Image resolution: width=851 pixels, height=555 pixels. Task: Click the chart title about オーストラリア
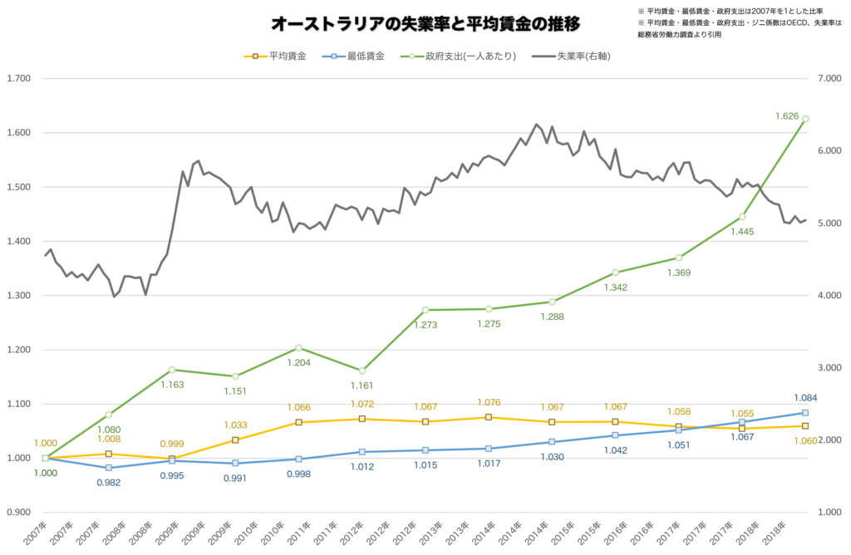click(425, 23)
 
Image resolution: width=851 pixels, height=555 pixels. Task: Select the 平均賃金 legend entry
click(275, 56)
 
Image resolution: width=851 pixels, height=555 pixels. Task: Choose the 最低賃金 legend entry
click(353, 56)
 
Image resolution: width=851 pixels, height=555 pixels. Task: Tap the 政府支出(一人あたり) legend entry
click(458, 56)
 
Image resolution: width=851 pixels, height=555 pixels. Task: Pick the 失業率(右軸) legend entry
click(571, 56)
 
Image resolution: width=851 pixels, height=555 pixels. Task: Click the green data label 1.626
click(787, 116)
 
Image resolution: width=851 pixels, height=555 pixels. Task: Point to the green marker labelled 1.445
click(742, 217)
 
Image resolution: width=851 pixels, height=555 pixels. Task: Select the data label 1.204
click(298, 363)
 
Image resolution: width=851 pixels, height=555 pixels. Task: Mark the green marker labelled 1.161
click(362, 371)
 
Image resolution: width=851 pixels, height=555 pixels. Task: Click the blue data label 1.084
click(805, 398)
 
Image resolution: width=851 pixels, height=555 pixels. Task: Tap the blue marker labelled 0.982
click(109, 468)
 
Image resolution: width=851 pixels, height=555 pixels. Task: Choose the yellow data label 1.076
click(489, 403)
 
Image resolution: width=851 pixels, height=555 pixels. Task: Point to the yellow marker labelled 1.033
click(235, 440)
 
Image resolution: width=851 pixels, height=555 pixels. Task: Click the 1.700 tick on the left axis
click(19, 79)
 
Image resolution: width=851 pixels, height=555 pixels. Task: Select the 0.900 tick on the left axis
click(19, 512)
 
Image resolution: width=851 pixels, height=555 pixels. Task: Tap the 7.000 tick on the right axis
click(829, 79)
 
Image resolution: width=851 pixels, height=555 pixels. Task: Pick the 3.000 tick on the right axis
click(829, 368)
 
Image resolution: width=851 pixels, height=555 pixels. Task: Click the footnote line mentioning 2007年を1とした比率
click(730, 11)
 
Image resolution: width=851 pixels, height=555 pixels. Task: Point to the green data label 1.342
click(616, 287)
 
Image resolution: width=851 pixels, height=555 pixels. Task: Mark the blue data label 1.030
click(552, 457)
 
